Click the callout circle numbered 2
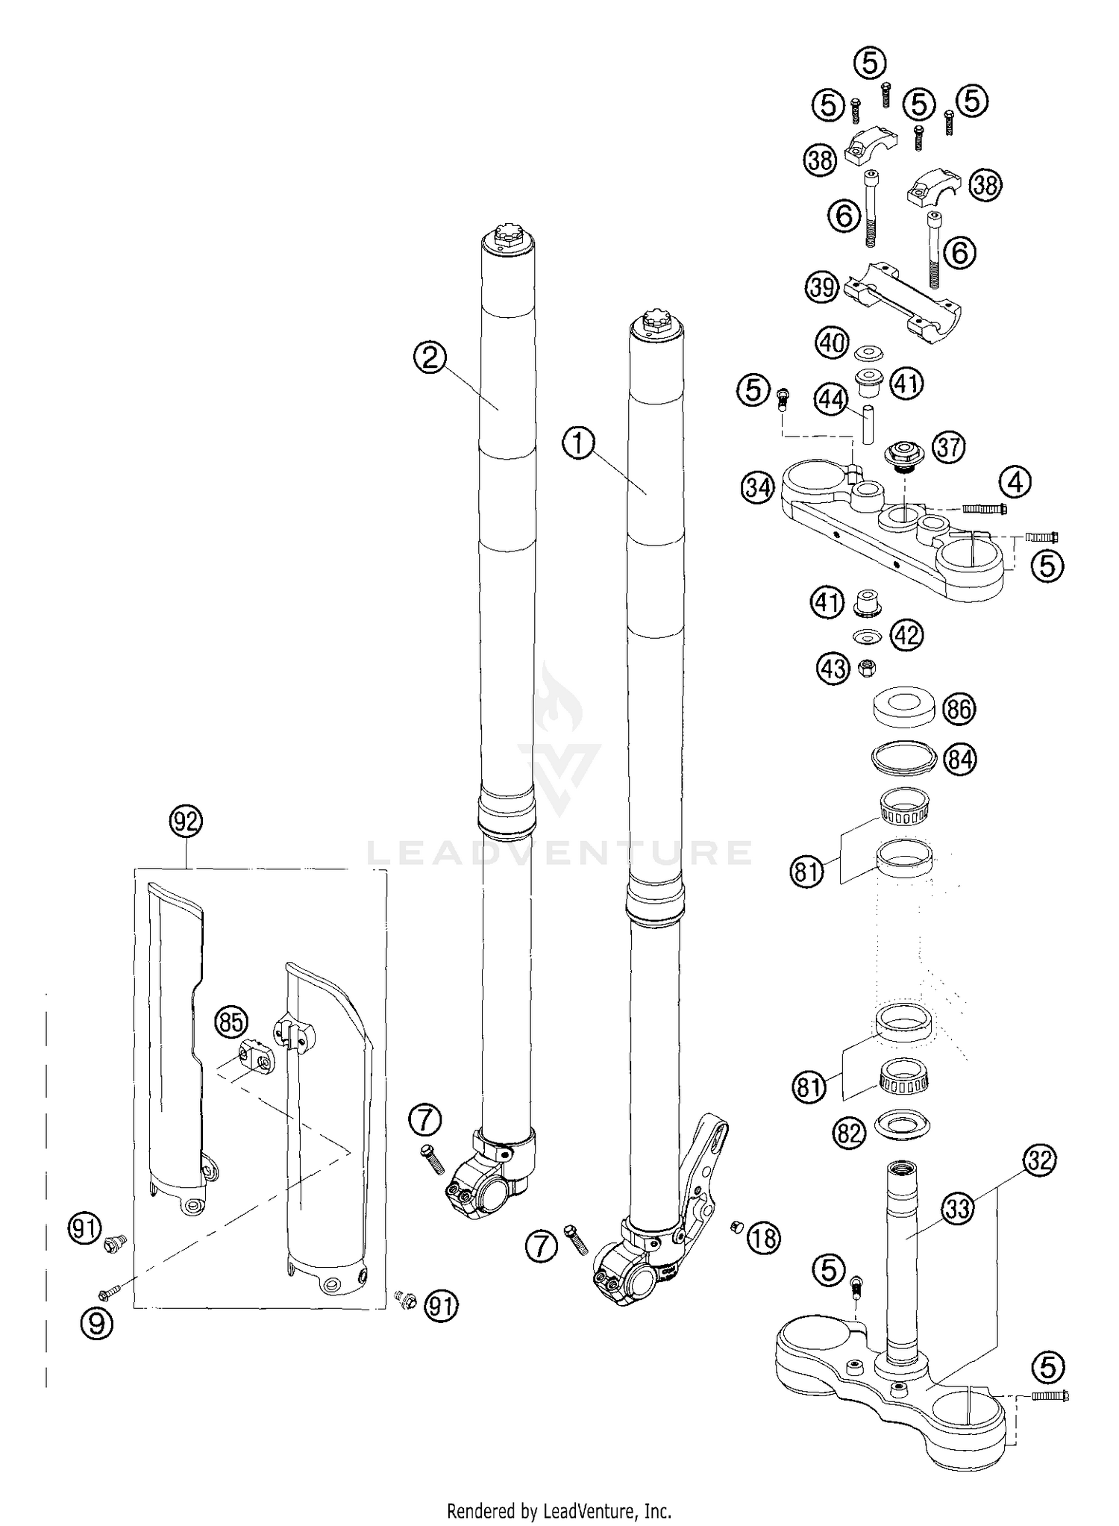pos(429,359)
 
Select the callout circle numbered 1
pos(578,445)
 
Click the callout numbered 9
pos(97,1323)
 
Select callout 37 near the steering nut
pos(950,447)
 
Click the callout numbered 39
pos(822,287)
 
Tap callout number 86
pos(959,709)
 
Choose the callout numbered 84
pos(960,760)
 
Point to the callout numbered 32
pos(1041,1160)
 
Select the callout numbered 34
pos(758,489)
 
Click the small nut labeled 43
pos(868,666)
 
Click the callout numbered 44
pos(830,401)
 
